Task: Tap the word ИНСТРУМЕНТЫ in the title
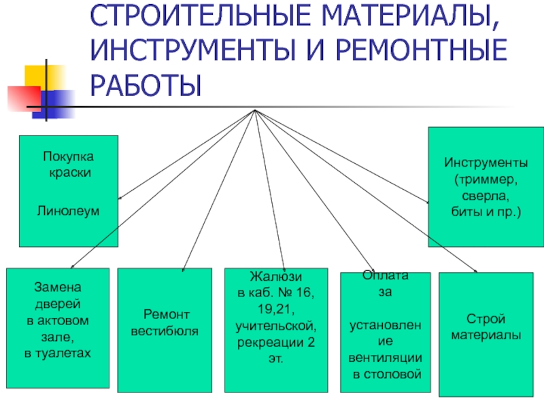(193, 50)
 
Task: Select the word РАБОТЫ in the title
(146, 86)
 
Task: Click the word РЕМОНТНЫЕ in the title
(422, 50)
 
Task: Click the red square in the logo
(24, 98)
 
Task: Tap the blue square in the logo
(55, 104)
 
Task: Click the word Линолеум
(69, 211)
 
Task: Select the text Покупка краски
(69, 165)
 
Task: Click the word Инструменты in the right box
(486, 163)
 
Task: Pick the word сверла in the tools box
(486, 196)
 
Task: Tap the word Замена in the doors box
(58, 287)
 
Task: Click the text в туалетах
(58, 353)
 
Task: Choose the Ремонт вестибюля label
(165, 323)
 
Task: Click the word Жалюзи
(276, 277)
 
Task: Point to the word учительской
(276, 326)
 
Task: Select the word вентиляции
(385, 358)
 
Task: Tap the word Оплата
(385, 275)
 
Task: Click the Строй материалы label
(486, 327)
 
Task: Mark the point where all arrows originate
(255, 110)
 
